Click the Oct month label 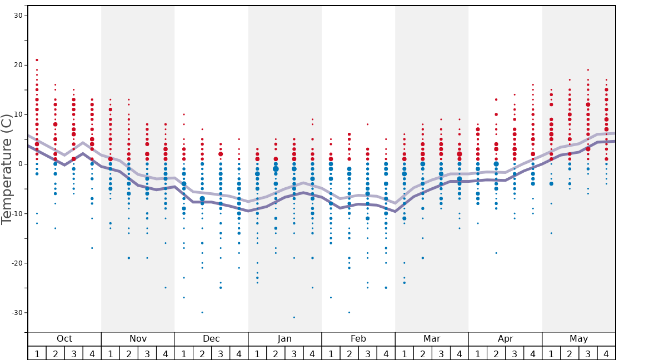[64, 339]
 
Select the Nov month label [138, 339]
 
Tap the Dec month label [211, 339]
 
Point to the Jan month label [284, 339]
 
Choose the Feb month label [358, 339]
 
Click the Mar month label [432, 339]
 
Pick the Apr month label [505, 339]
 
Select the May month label [578, 339]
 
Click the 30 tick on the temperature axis [18, 16]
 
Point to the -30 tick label [17, 313]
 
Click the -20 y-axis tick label [17, 263]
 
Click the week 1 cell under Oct [37, 353]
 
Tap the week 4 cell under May [606, 353]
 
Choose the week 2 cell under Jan [276, 353]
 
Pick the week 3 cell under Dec [221, 353]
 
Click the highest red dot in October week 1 [37, 60]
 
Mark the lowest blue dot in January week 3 [294, 317]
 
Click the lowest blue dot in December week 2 [202, 312]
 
